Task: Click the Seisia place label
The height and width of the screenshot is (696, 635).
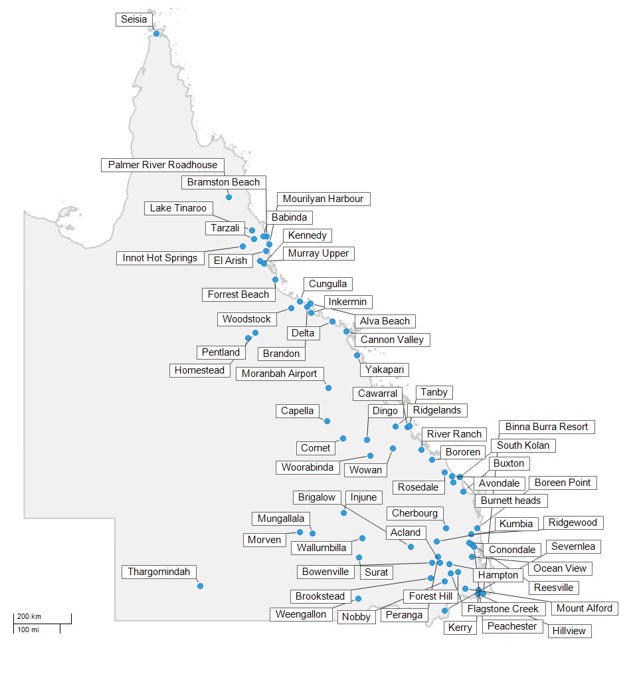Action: click(x=132, y=20)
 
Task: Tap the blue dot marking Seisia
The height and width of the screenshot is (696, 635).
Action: click(x=156, y=33)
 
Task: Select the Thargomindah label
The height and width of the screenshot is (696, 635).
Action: click(x=159, y=572)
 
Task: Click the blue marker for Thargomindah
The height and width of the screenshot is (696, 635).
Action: click(x=200, y=586)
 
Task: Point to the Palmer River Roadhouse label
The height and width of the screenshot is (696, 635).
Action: click(x=163, y=165)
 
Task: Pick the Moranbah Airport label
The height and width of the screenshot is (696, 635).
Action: click(x=279, y=374)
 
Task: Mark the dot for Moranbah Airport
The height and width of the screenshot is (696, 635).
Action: click(x=328, y=388)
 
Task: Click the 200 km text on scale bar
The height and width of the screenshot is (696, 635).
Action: click(x=29, y=616)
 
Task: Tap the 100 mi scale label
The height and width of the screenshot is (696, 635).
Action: click(x=28, y=629)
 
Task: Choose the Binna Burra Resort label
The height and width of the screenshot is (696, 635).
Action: click(x=547, y=427)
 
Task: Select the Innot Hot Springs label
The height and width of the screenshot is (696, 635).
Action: click(x=160, y=258)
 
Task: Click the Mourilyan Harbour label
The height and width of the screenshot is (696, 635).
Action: click(x=323, y=199)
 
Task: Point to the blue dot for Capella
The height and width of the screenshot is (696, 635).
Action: click(x=326, y=420)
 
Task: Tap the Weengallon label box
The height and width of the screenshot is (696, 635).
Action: click(x=302, y=614)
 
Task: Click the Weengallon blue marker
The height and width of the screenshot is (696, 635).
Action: click(x=358, y=599)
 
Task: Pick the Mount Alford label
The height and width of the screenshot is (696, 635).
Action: click(x=585, y=608)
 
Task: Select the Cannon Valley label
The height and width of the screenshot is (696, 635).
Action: click(x=392, y=340)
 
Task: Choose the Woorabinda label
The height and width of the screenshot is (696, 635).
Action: click(x=307, y=467)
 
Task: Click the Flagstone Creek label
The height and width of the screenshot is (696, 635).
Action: click(x=503, y=609)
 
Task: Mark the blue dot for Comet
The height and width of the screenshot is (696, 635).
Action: click(x=343, y=438)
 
